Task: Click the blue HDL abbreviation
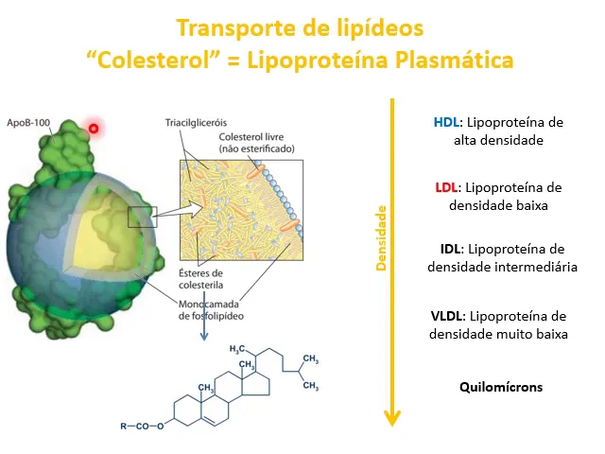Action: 446,122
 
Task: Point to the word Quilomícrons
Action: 501,387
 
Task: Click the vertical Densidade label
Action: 382,237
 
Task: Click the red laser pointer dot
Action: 93,128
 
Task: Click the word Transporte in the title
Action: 233,27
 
